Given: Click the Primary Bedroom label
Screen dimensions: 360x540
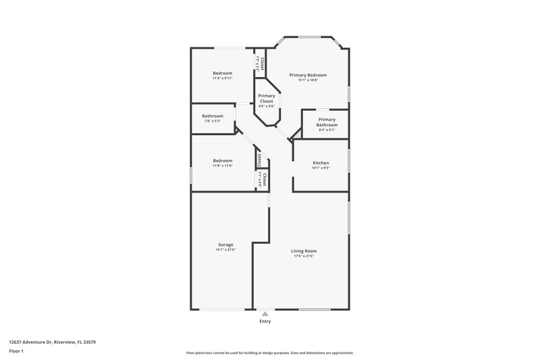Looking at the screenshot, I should tap(308, 75).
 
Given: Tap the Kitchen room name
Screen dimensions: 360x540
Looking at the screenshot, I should tap(321, 163).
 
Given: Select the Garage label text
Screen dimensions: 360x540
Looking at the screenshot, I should tap(225, 245).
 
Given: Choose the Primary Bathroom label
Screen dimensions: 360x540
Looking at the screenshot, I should tap(327, 122).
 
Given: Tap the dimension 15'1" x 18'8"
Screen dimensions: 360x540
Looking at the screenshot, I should tap(308, 80).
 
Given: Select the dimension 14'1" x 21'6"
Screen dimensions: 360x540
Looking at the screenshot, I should tap(225, 250).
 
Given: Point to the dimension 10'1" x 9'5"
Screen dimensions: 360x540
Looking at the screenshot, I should tap(321, 168).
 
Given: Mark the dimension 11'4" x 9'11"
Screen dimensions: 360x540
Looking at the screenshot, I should tap(223, 78).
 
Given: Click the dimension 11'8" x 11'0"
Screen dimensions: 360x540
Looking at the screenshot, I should tap(223, 165).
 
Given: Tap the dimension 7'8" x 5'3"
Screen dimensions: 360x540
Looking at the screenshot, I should tap(212, 121).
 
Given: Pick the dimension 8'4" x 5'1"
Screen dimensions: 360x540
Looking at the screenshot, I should tap(327, 130).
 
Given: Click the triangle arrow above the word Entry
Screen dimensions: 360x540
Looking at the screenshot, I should tap(265, 314).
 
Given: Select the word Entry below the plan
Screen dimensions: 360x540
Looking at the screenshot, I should tap(265, 321).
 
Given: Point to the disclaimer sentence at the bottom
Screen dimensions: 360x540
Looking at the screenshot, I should tap(269, 353).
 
